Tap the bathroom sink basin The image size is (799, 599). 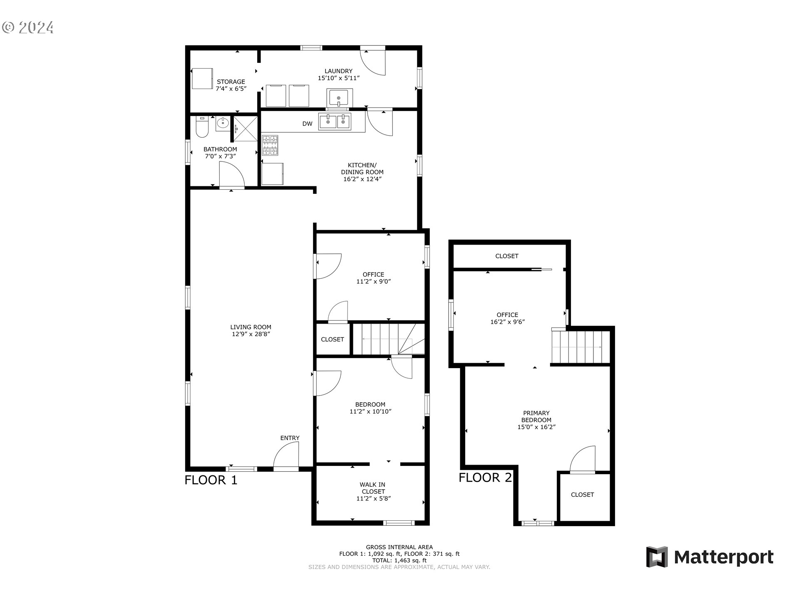click(x=223, y=124)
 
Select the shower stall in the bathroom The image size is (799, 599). click(x=246, y=129)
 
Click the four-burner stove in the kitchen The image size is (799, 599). click(x=270, y=146)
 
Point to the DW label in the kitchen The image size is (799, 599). click(x=307, y=124)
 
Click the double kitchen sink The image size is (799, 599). click(x=335, y=121)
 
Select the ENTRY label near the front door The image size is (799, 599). click(x=290, y=438)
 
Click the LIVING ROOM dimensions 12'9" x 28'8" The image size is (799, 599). click(x=251, y=334)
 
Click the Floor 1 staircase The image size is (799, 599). click(x=387, y=339)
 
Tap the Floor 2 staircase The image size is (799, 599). click(x=581, y=347)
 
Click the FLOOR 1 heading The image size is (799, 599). click(x=211, y=480)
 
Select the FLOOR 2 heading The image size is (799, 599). click(x=485, y=478)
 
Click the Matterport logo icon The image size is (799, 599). click(x=657, y=557)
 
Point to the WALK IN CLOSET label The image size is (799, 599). click(x=373, y=488)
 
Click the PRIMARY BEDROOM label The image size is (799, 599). click(x=536, y=416)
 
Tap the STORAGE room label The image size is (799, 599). click(x=231, y=82)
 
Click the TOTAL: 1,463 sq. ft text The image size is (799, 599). click(x=399, y=560)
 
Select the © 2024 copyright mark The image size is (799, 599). click(x=28, y=27)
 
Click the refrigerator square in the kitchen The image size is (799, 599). click(x=273, y=174)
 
